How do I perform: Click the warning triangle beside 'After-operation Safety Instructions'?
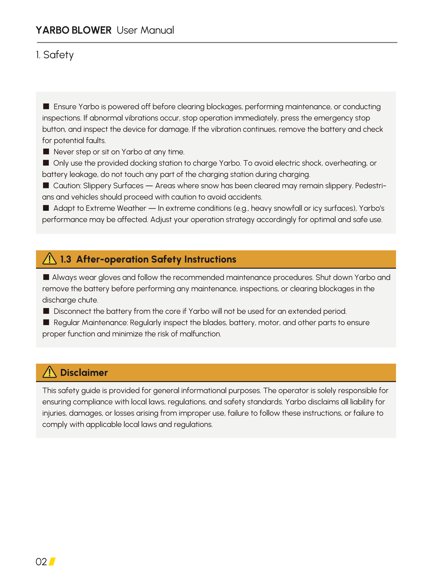tap(49, 259)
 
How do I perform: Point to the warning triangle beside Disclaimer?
tap(49, 372)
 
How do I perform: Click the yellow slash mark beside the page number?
tap(52, 561)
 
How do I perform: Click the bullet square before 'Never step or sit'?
tap(46, 151)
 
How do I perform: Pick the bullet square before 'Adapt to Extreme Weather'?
tap(46, 208)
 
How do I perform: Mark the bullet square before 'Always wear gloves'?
tap(46, 277)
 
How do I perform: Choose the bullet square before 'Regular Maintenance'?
tap(46, 322)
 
